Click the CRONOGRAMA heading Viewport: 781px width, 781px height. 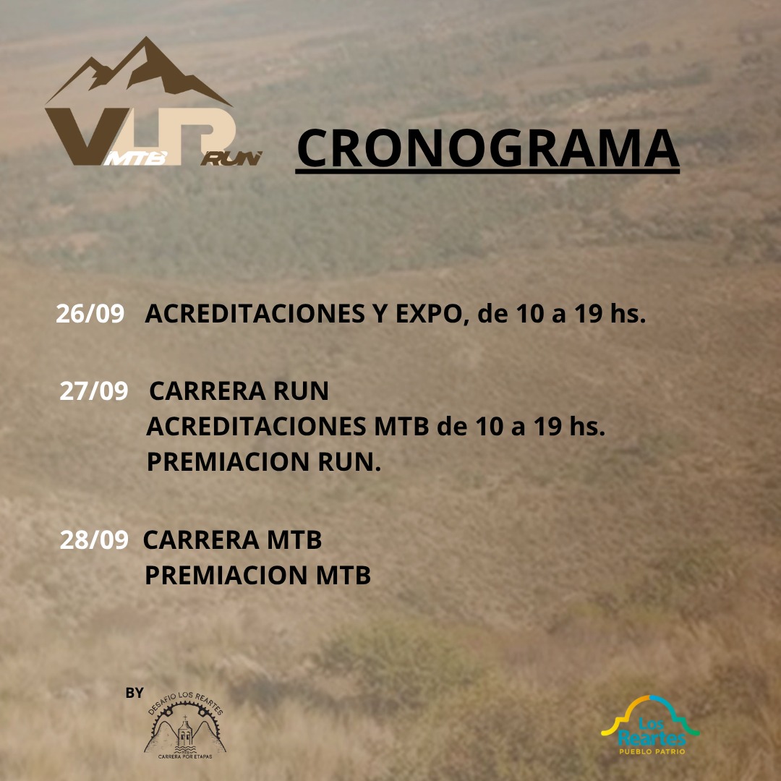[487, 149]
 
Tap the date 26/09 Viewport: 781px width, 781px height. [90, 314]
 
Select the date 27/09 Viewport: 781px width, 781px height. [93, 391]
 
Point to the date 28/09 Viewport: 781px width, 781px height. [93, 540]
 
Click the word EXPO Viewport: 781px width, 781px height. [428, 314]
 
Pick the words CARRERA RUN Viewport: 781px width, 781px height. [239, 391]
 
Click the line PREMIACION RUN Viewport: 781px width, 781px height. [263, 461]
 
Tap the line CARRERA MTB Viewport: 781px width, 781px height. [232, 540]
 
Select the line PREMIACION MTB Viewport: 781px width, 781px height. [257, 576]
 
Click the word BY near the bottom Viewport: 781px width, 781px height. [135, 693]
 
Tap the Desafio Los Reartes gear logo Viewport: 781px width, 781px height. [185, 725]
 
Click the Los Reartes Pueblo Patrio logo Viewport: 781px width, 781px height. [650, 725]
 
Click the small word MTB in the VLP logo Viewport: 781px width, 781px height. [135, 158]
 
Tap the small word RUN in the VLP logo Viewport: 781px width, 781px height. [231, 158]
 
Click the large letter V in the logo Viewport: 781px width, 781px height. [85, 135]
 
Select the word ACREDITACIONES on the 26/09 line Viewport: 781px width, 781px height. [255, 314]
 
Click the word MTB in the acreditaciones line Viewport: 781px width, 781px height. [401, 427]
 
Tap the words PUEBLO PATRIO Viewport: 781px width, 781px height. [652, 751]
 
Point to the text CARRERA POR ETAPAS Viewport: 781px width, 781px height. [185, 756]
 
